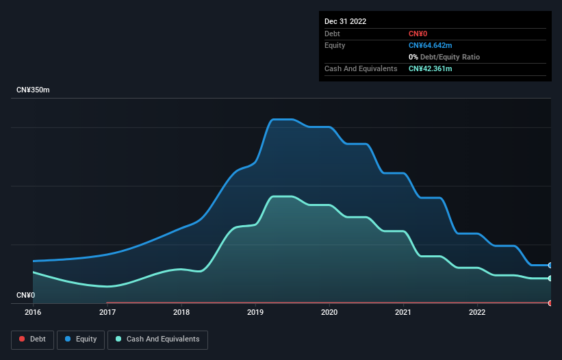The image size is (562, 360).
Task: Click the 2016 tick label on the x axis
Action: [33, 312]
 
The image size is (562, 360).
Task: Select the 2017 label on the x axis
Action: [107, 312]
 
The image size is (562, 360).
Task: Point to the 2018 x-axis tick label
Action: [181, 312]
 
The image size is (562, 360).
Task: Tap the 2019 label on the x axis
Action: [255, 312]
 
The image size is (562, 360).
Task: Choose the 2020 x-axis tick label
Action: [329, 312]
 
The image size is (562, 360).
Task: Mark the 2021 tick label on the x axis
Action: [403, 312]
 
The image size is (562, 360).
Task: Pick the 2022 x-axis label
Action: [477, 312]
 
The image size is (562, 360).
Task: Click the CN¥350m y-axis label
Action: [33, 90]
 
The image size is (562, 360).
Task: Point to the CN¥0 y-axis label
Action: [25, 295]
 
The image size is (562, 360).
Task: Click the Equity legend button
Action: [81, 339]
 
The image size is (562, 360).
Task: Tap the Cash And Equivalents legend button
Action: [157, 339]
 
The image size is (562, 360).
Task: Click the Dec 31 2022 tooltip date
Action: [345, 21]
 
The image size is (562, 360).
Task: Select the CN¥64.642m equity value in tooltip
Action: [431, 45]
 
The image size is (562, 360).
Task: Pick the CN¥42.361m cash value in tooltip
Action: [431, 68]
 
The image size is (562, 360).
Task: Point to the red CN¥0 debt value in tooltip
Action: [419, 34]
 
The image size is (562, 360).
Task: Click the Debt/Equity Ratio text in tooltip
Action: [453, 57]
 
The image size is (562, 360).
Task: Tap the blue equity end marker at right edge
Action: [550, 265]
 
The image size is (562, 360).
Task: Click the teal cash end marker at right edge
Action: [550, 278]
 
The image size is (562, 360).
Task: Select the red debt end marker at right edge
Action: [550, 303]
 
